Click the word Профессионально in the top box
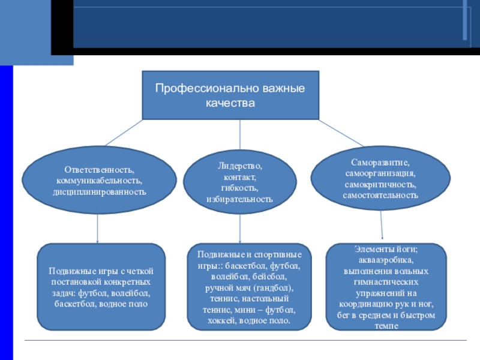192,88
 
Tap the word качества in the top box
230,103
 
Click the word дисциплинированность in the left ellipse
99,191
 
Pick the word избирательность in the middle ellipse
239,198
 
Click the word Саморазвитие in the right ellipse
380,163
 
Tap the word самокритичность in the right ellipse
380,184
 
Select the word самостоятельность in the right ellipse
380,195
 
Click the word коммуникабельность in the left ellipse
99,181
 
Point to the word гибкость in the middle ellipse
239,187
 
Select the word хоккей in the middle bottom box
220,320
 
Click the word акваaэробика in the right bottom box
386,260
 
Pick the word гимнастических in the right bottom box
386,282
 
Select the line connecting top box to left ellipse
123,133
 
